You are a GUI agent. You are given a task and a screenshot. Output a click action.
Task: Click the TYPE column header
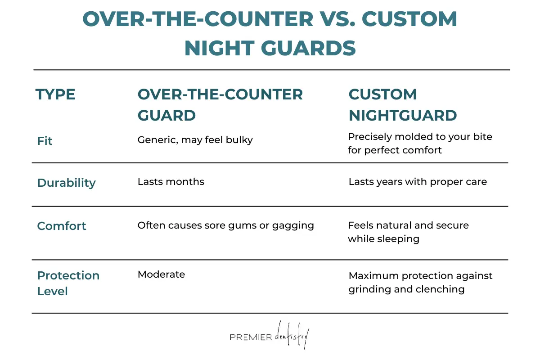(55, 94)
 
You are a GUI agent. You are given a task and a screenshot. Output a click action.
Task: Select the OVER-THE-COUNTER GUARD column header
(220, 105)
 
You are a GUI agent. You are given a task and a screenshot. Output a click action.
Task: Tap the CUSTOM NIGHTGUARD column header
(403, 105)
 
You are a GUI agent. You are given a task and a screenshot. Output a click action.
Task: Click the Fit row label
(45, 141)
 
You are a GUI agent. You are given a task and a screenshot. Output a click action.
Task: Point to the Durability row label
(66, 183)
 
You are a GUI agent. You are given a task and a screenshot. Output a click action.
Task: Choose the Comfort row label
(62, 226)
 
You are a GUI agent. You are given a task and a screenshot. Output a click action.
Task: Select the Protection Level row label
(68, 283)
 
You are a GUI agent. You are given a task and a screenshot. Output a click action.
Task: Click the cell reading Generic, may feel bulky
(195, 140)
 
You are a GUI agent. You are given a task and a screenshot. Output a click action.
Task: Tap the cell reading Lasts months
(171, 182)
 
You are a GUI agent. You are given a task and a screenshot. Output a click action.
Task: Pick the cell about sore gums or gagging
(225, 225)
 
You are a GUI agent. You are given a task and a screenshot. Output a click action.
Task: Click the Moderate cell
(161, 274)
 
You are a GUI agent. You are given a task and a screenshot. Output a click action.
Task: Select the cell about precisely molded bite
(420, 143)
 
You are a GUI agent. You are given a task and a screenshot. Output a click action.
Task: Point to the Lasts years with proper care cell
(418, 182)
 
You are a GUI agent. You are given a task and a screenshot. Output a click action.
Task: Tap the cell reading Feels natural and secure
(408, 232)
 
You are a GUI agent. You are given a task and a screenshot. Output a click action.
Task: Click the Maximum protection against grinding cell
(420, 282)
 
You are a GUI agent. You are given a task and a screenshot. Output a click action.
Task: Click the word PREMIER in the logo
(251, 337)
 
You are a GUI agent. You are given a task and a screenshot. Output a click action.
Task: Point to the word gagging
(293, 225)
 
